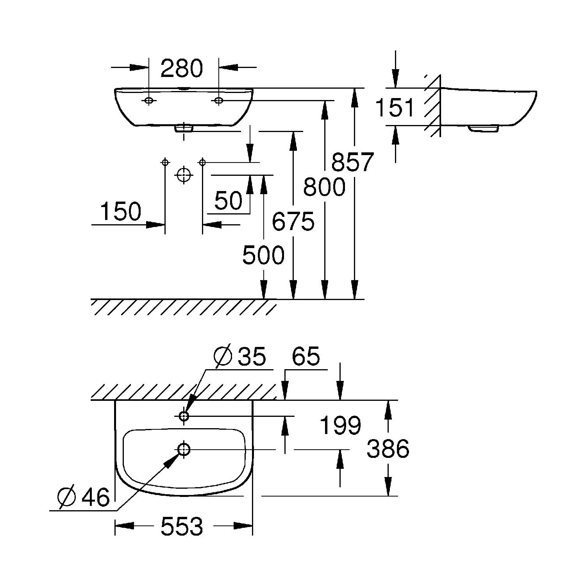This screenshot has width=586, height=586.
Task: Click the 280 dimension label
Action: coord(182,68)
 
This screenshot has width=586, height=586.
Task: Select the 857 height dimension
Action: coord(352,162)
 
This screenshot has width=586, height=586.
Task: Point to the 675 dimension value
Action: coord(293,222)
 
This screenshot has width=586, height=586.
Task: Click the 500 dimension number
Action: coord(263,255)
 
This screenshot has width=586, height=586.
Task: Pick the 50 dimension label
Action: coord(229,201)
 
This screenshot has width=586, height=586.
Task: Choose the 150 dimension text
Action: coord(121,211)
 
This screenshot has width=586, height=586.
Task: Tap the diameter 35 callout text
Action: coord(240,356)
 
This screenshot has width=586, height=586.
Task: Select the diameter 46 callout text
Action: coord(84,497)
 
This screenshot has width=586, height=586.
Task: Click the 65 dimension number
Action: coord(306,356)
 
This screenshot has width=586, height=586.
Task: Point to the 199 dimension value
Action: coord(340,425)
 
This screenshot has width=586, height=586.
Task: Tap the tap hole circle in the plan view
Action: coord(184,416)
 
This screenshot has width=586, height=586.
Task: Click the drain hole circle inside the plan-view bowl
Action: coord(184,449)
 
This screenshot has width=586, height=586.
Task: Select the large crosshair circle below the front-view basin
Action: coord(183,175)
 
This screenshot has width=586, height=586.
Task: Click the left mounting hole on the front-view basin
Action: coord(148,101)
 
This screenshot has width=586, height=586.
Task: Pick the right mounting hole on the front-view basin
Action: coord(218,101)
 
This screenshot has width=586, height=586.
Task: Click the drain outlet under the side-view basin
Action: coord(484,128)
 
